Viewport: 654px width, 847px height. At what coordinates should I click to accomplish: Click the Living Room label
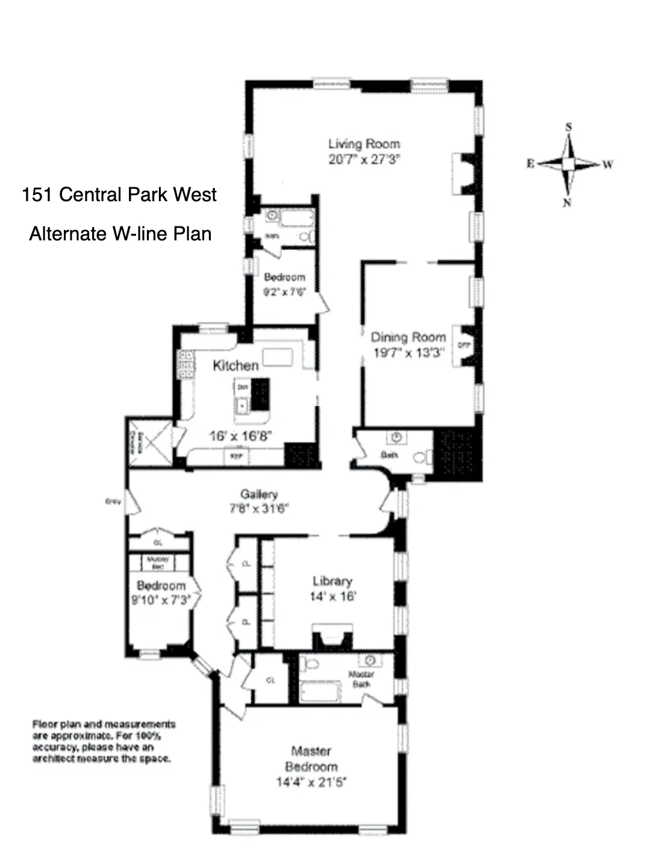[364, 143]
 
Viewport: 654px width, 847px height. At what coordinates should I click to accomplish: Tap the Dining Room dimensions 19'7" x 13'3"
[408, 353]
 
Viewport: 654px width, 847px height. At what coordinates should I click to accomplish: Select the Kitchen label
[235, 365]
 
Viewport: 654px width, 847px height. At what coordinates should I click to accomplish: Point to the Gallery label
[259, 494]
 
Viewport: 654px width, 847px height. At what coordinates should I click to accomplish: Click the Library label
[332, 581]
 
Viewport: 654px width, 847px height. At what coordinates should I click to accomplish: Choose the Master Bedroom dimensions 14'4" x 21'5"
[311, 783]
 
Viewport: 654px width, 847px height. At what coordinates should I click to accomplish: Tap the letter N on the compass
[567, 203]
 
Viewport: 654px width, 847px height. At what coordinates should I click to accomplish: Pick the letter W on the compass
[608, 164]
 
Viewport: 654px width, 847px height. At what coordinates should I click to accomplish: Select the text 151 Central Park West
[119, 195]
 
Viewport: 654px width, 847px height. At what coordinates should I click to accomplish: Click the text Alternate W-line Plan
[120, 234]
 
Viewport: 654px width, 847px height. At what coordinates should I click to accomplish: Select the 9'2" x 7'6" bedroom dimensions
[284, 292]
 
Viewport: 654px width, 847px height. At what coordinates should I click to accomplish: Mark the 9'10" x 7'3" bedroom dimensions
[161, 600]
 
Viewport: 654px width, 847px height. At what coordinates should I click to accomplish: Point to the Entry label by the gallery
[113, 501]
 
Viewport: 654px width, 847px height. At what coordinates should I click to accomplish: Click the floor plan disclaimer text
[104, 741]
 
